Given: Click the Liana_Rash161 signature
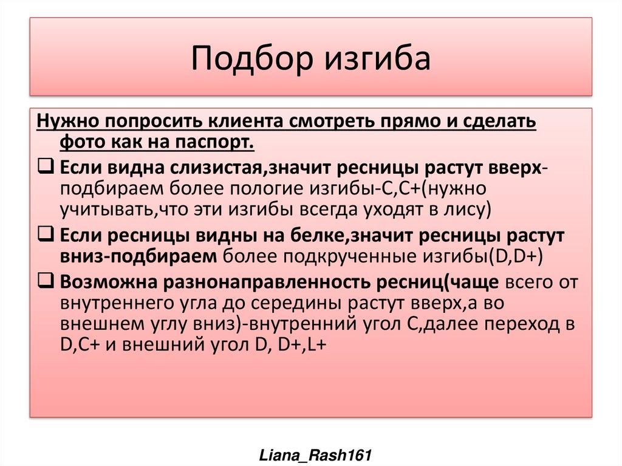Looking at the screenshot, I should coord(311,454).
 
